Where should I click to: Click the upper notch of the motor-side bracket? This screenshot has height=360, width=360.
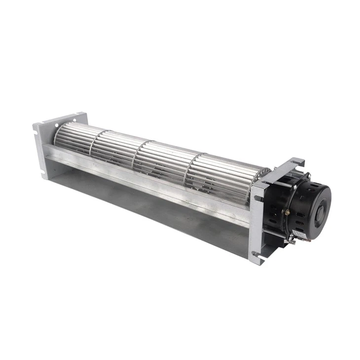pyautogui.click(x=256, y=198)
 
